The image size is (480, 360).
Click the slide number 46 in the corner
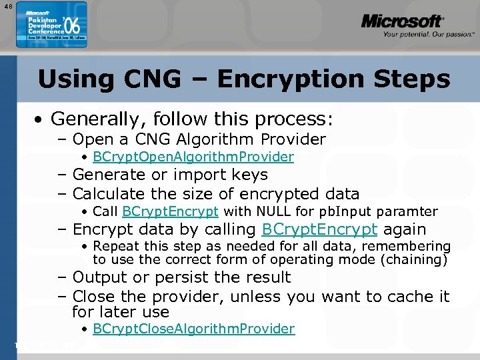pos(7,7)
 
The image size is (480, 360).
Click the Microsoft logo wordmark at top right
pos(402,22)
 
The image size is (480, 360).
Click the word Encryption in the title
pos(284,79)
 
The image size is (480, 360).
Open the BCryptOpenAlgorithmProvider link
pos(193,157)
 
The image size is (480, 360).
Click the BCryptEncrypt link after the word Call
pos(170,212)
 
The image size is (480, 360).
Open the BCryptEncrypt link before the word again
pos(320,230)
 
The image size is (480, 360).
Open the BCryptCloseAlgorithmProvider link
pos(194,329)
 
